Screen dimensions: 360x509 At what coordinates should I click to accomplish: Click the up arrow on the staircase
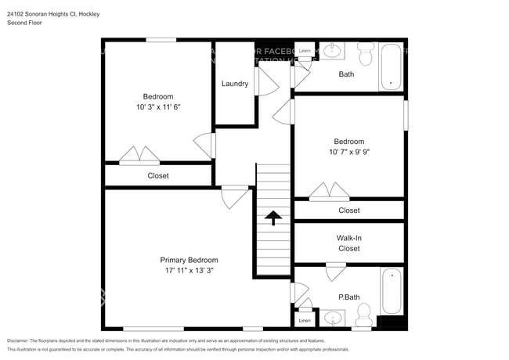point(273,218)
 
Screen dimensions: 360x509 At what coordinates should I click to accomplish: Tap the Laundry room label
point(235,84)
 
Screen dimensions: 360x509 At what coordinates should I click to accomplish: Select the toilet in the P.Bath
point(363,315)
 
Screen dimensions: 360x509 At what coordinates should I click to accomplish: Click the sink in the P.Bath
point(334,318)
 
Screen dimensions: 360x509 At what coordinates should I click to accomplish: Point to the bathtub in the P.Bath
point(391,291)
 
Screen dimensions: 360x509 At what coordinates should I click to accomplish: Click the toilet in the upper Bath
point(366,55)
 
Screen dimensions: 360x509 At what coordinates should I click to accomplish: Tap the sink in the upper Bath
point(334,52)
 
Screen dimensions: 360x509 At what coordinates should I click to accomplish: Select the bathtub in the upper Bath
point(390,67)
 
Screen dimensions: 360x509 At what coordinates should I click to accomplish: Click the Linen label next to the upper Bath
point(305,51)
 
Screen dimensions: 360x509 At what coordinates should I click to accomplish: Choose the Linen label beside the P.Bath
point(305,320)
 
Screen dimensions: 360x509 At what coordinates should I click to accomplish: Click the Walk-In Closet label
point(348,243)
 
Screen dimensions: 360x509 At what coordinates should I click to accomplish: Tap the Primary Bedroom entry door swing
point(234,196)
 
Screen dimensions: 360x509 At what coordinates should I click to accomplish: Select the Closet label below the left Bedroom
point(158,176)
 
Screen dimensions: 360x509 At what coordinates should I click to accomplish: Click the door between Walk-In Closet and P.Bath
point(335,272)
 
